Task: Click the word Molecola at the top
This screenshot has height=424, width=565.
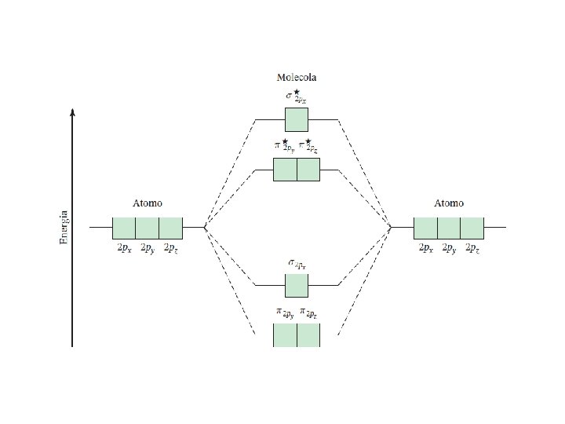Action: (297, 78)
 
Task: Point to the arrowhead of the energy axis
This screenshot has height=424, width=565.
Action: (72, 112)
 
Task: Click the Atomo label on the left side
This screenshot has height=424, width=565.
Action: (148, 203)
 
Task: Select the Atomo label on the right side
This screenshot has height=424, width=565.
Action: (449, 203)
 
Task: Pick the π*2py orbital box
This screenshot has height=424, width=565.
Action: (285, 170)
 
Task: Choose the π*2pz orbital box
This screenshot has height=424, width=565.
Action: (308, 170)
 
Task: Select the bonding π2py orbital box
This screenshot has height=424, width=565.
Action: (285, 334)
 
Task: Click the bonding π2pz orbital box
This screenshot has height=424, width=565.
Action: (308, 334)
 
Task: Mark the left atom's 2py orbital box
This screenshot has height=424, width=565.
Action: (148, 228)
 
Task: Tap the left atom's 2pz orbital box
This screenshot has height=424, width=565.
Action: (171, 228)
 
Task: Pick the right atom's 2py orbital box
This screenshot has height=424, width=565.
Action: (449, 228)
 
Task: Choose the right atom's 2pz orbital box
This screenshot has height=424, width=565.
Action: (472, 228)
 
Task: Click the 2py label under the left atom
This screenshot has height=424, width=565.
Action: (148, 248)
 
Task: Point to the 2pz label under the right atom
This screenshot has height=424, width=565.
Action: (472, 248)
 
